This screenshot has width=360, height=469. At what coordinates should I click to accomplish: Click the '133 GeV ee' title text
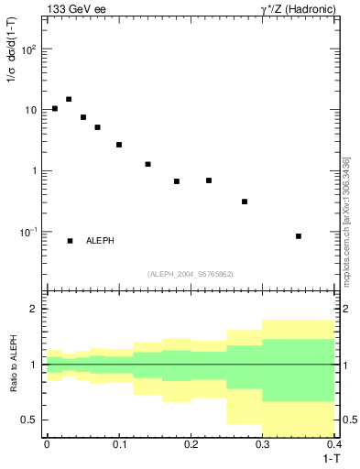pos(75,9)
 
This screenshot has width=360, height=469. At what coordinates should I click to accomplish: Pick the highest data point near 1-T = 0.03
pos(69,99)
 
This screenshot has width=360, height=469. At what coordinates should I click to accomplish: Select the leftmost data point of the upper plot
pos(55,108)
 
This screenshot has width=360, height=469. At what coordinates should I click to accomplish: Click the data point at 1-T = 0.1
pos(119,145)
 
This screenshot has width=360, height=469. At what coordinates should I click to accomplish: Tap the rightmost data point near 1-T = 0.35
pos(299,236)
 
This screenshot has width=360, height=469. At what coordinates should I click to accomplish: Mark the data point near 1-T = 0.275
pos(245,202)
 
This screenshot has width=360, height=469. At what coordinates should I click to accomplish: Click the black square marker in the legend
pos(70,241)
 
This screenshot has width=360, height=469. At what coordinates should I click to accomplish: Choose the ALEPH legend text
pos(100,241)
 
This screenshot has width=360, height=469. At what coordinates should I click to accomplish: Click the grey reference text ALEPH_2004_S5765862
pos(190,274)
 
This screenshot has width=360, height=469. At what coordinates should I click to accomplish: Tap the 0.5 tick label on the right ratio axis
pos(347,420)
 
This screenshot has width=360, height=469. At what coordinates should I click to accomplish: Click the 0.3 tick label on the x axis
pos(262,443)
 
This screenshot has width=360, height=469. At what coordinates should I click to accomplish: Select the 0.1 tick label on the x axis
pos(118,443)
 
